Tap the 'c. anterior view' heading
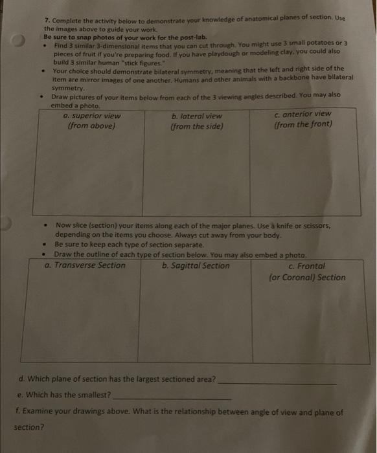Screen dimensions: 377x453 (303, 114)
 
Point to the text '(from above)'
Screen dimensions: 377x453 (91, 126)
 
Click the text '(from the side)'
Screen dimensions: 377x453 (196, 127)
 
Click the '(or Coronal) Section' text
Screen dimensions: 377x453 (307, 278)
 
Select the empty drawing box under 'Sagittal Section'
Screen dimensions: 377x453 (196, 317)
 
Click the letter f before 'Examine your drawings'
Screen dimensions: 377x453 (16, 412)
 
